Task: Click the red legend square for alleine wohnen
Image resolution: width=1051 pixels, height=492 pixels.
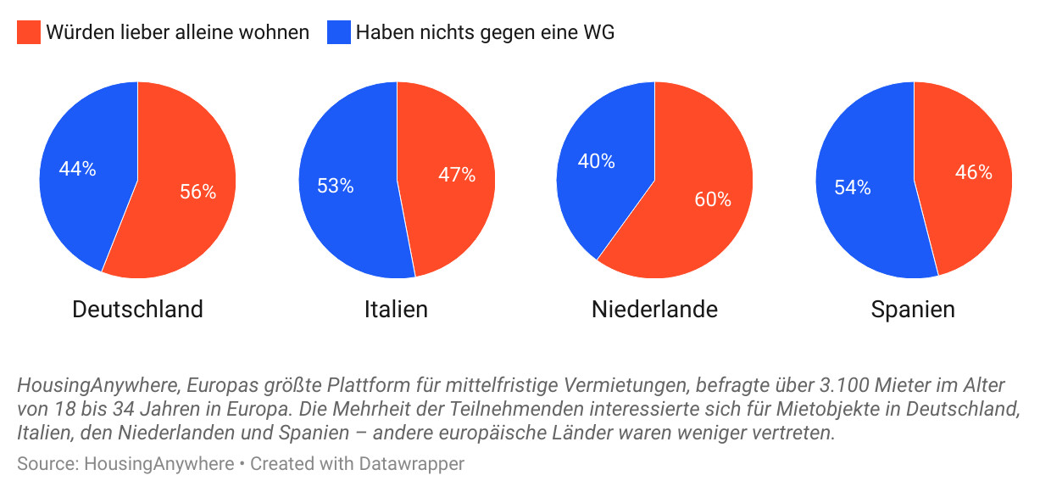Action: point(29,33)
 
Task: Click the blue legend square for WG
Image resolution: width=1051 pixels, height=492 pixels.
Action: point(338,33)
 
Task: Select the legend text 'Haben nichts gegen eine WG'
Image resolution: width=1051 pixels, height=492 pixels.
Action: point(485,33)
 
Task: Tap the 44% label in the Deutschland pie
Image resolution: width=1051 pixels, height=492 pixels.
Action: point(77,169)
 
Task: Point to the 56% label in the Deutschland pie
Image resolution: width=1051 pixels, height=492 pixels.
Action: point(197,192)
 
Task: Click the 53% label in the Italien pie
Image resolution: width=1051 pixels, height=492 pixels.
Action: point(335,186)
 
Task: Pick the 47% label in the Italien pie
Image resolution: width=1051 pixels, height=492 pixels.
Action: point(456,176)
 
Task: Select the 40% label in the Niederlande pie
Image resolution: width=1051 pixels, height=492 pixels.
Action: point(596,161)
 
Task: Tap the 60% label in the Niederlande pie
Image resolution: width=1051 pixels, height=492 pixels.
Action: point(712,199)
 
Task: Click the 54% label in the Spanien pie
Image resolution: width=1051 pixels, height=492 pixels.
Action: point(852,187)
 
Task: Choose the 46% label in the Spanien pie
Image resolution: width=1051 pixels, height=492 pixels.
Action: point(973,172)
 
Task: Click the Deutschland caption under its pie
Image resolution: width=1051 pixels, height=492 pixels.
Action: point(137,310)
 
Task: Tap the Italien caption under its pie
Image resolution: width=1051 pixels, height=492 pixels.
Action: point(396,310)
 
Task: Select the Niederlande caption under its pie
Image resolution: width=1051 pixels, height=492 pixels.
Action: point(654,310)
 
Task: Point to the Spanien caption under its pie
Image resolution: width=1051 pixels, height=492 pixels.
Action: point(913,310)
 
